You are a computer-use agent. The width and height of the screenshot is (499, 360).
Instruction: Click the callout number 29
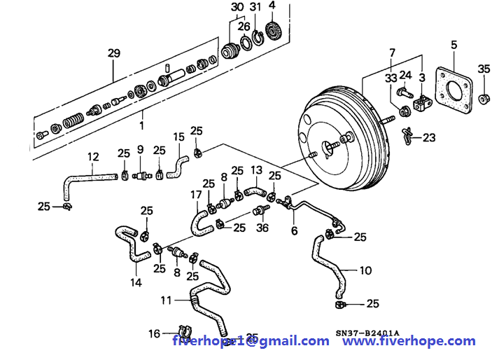coord(113,53)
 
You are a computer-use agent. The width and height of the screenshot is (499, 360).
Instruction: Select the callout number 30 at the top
coord(238,7)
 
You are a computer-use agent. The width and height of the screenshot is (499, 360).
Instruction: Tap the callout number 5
coord(454,46)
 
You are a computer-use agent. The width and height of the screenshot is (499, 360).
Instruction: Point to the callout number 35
coord(484,69)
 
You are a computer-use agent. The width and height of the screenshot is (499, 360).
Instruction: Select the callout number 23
coord(429,137)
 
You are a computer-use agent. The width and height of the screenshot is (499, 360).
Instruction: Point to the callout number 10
coord(365,269)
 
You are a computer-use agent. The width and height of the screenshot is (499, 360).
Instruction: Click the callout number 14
coord(136,282)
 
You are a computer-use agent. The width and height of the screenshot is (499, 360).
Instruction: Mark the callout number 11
coord(165,300)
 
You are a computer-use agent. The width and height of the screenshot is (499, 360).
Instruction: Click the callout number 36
coord(262,227)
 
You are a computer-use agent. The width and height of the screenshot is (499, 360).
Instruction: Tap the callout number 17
coord(196,194)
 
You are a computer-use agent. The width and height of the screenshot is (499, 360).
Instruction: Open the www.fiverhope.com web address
coord(413,341)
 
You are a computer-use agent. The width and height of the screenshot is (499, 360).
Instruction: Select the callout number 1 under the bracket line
coord(141,125)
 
